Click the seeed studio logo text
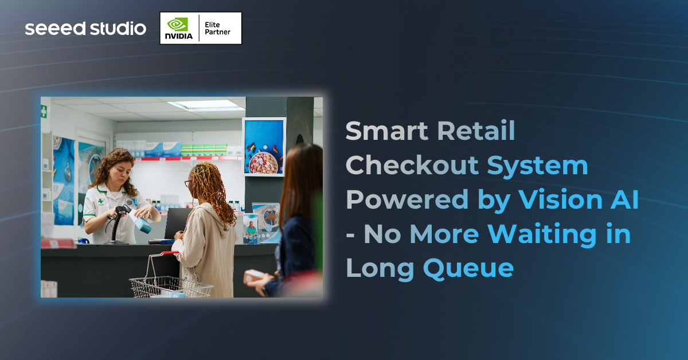click(85, 28)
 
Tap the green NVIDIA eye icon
click(177, 24)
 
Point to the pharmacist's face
click(111, 170)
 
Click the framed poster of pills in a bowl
click(263, 146)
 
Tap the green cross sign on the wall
click(44, 112)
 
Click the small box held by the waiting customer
click(253, 276)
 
